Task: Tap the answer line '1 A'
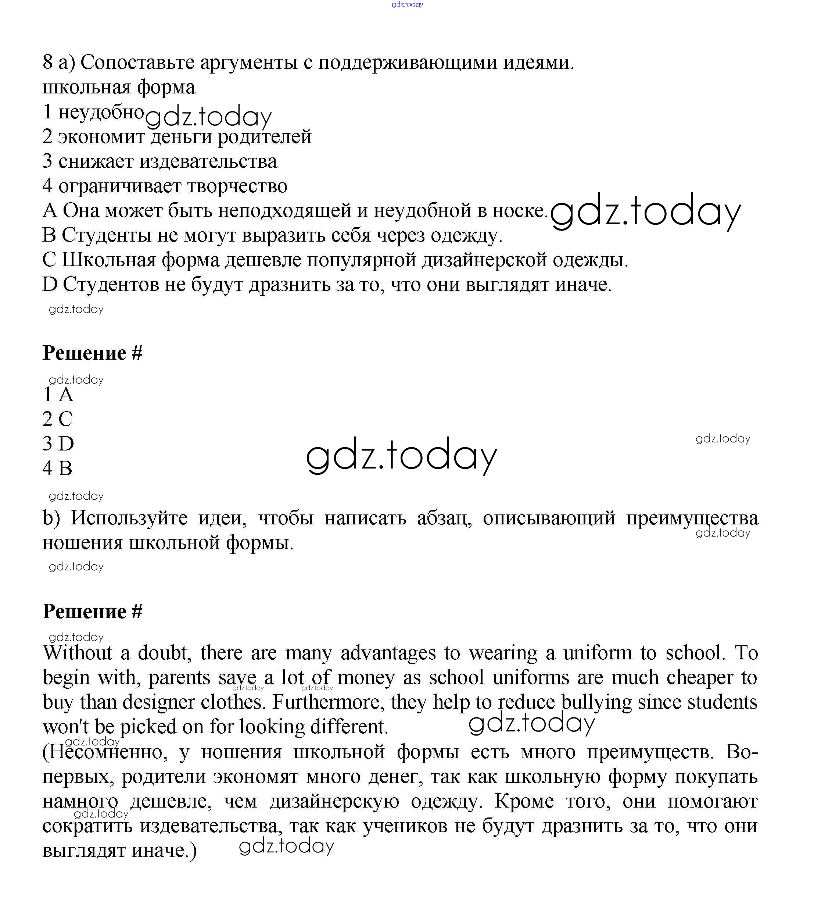pos(58,395)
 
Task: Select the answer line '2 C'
pos(58,419)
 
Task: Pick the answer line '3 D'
pos(58,444)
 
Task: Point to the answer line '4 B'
pos(57,469)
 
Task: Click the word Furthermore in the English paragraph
pos(328,702)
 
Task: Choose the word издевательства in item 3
pos(208,161)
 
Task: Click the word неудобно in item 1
pos(101,111)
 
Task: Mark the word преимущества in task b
pos(692,518)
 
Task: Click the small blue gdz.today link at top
pos(407,4)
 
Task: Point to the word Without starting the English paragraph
pos(78,653)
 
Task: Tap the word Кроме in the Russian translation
pos(524,801)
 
